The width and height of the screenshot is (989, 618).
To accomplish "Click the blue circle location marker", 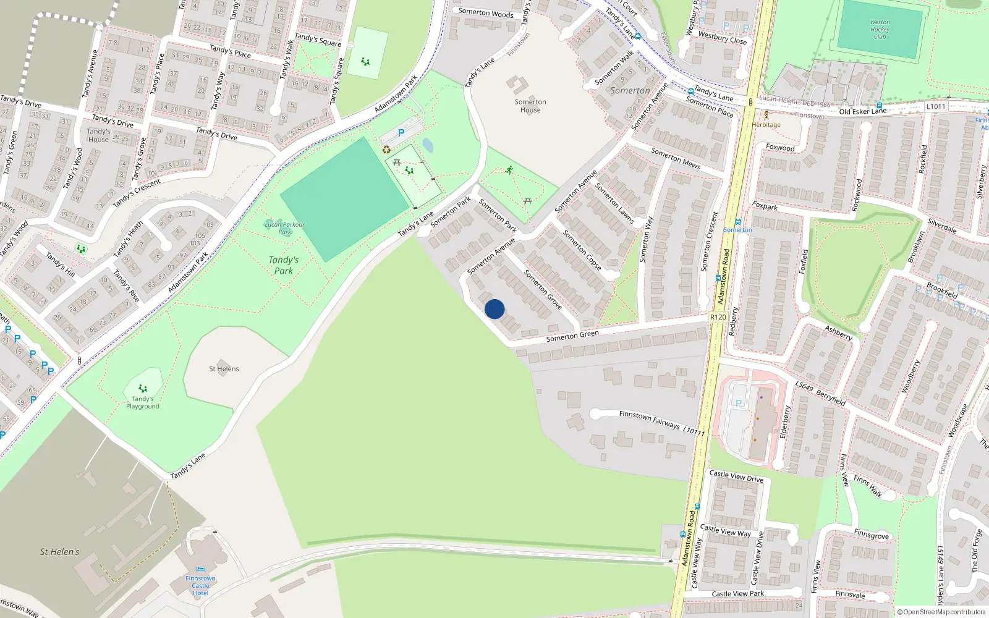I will point(494,309).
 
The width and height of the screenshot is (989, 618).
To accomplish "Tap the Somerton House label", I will point(530,106).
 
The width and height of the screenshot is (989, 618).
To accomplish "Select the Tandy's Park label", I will point(284,265).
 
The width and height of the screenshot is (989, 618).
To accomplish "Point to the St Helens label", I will point(224,369).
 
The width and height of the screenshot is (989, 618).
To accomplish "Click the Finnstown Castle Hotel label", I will point(200,585).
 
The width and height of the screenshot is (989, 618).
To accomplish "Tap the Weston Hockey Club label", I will point(880,29).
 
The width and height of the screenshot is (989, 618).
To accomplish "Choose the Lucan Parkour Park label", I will point(284,228).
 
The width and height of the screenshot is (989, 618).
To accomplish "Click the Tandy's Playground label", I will point(143,402).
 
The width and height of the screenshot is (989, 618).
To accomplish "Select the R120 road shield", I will point(718,317).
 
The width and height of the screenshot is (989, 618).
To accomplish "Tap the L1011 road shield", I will point(936,106).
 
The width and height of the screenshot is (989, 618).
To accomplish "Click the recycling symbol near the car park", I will point(386,149).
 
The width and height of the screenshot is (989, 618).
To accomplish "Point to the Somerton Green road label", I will point(572,336).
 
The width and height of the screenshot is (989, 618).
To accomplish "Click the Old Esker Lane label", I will point(862,111).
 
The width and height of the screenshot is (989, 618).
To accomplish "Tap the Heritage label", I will point(766,124).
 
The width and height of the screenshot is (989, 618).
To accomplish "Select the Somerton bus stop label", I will point(737,229).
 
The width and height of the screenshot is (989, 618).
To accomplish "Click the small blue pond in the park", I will point(428,146).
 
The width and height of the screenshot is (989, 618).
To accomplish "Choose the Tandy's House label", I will point(98,135).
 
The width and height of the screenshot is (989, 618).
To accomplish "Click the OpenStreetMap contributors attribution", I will point(941,612).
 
